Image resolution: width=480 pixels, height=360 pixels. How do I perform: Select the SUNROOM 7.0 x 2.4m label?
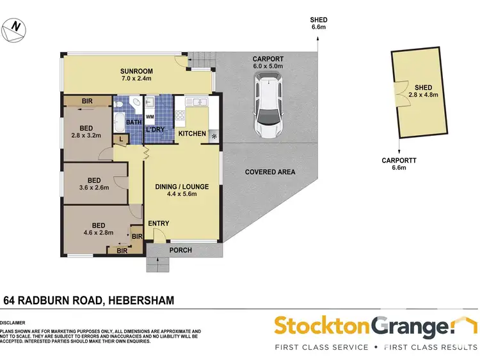click(135, 75)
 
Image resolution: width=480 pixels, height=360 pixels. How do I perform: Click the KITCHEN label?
click(191, 134)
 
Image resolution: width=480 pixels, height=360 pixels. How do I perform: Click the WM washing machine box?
click(150, 117)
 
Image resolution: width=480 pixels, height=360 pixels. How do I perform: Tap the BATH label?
click(133, 122)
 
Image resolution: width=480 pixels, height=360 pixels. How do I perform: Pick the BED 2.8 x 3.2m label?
click(86, 131)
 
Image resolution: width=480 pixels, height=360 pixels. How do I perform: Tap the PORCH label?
click(180, 250)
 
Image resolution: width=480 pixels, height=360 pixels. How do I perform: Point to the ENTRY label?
click(158, 224)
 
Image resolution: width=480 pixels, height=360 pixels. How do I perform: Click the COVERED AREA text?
click(269, 172)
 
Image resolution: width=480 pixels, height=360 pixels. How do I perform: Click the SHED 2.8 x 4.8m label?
click(423, 92)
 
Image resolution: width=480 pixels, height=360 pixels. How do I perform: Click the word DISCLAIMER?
click(13, 323)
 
